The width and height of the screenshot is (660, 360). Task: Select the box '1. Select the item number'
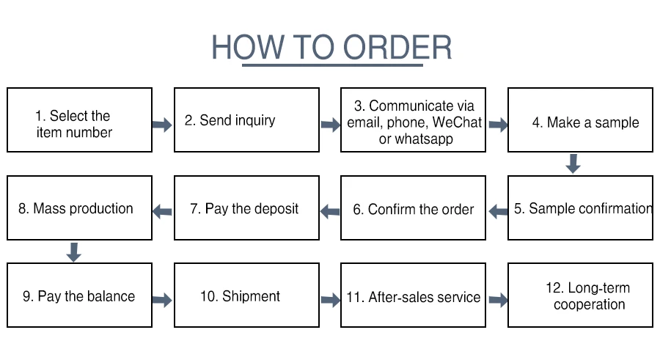[80, 120]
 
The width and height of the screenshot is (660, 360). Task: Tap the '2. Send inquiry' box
[246, 120]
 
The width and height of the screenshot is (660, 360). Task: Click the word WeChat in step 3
[457, 122]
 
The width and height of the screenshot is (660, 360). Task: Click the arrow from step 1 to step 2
[162, 125]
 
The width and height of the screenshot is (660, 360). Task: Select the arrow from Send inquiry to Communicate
[330, 125]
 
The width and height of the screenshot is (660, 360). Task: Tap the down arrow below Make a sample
[573, 164]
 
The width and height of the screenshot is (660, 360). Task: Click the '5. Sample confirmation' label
[582, 208]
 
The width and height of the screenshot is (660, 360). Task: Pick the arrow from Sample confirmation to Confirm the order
[498, 212]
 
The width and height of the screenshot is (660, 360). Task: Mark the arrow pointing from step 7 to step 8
[162, 212]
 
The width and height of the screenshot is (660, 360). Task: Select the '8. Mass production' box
[80, 207]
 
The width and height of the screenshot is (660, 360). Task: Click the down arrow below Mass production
[73, 251]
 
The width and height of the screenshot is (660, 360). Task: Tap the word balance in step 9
[111, 297]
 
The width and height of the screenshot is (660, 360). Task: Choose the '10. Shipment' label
[240, 296]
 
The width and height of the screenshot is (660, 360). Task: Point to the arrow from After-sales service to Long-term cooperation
[498, 299]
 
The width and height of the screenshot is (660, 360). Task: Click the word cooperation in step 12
[589, 304]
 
